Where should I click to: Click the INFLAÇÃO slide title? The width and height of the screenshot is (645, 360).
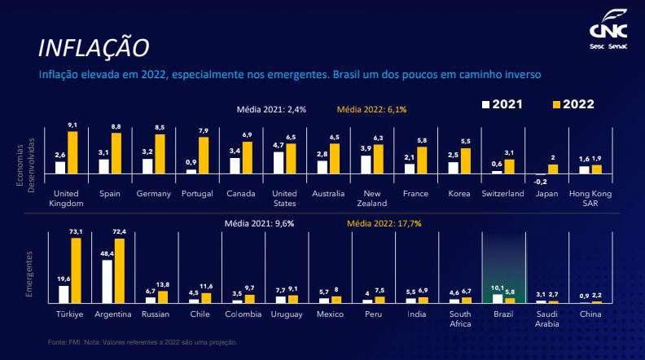[x=94, y=47]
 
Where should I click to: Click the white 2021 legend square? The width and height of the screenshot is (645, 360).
[x=486, y=105]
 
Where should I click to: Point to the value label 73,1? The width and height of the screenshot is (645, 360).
[x=77, y=232]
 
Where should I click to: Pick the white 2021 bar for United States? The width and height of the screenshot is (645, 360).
[x=279, y=163]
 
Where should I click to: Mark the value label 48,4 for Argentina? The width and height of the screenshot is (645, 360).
[x=107, y=254]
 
